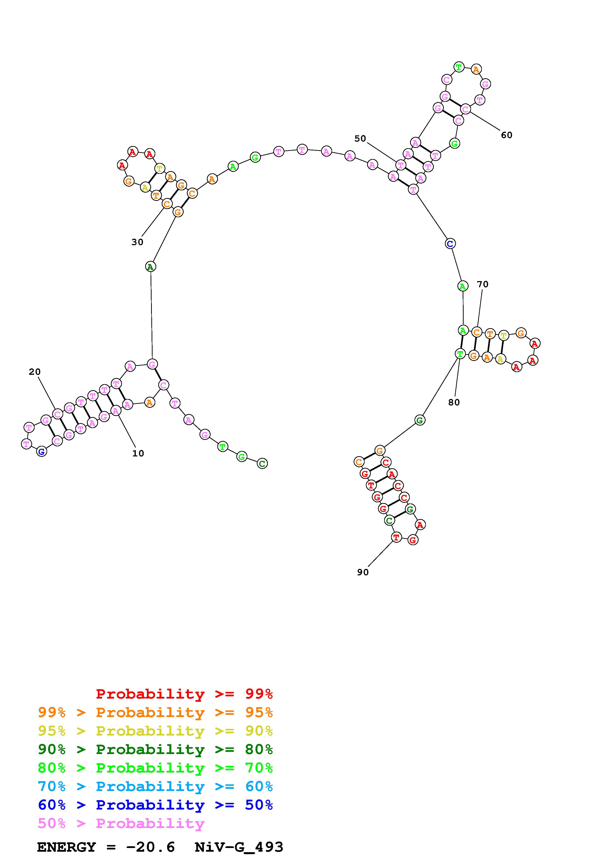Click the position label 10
pyautogui.click(x=138, y=454)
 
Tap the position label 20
pyautogui.click(x=35, y=372)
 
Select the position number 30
pyautogui.click(x=137, y=242)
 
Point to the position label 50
pyautogui.click(x=360, y=139)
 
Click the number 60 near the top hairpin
pyautogui.click(x=506, y=135)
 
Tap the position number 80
pyautogui.click(x=454, y=402)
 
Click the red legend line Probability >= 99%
pyautogui.click(x=184, y=694)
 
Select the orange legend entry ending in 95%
pyautogui.click(x=155, y=712)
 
